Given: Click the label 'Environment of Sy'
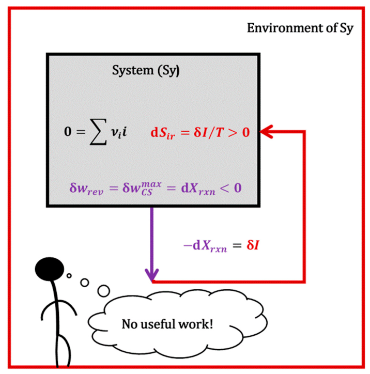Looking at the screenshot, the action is coord(300,28).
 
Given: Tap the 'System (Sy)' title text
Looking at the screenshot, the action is coord(146,71).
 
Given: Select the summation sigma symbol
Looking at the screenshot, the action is coord(98,132).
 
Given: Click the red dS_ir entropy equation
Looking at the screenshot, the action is coord(200,132).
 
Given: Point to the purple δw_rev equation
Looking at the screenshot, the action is coord(156,189).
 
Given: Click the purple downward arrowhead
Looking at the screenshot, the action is coord(152,274).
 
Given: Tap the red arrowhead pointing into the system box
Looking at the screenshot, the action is coord(266,131).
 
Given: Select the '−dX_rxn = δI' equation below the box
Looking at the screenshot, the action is coord(221,246).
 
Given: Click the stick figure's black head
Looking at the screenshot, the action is coord(50,269).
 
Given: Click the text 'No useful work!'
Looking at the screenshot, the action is coord(167,324).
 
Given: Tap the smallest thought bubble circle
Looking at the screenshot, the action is coord(69,276).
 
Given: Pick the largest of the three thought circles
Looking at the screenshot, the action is coord(104,291).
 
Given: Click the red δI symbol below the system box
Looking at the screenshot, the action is coord(253,245).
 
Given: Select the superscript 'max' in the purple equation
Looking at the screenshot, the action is coord(151,184).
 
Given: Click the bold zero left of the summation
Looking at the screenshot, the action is coord(68,131).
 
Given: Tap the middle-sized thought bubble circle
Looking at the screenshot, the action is coord(84,283).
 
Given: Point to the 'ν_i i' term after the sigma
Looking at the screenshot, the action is coord(119,132).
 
